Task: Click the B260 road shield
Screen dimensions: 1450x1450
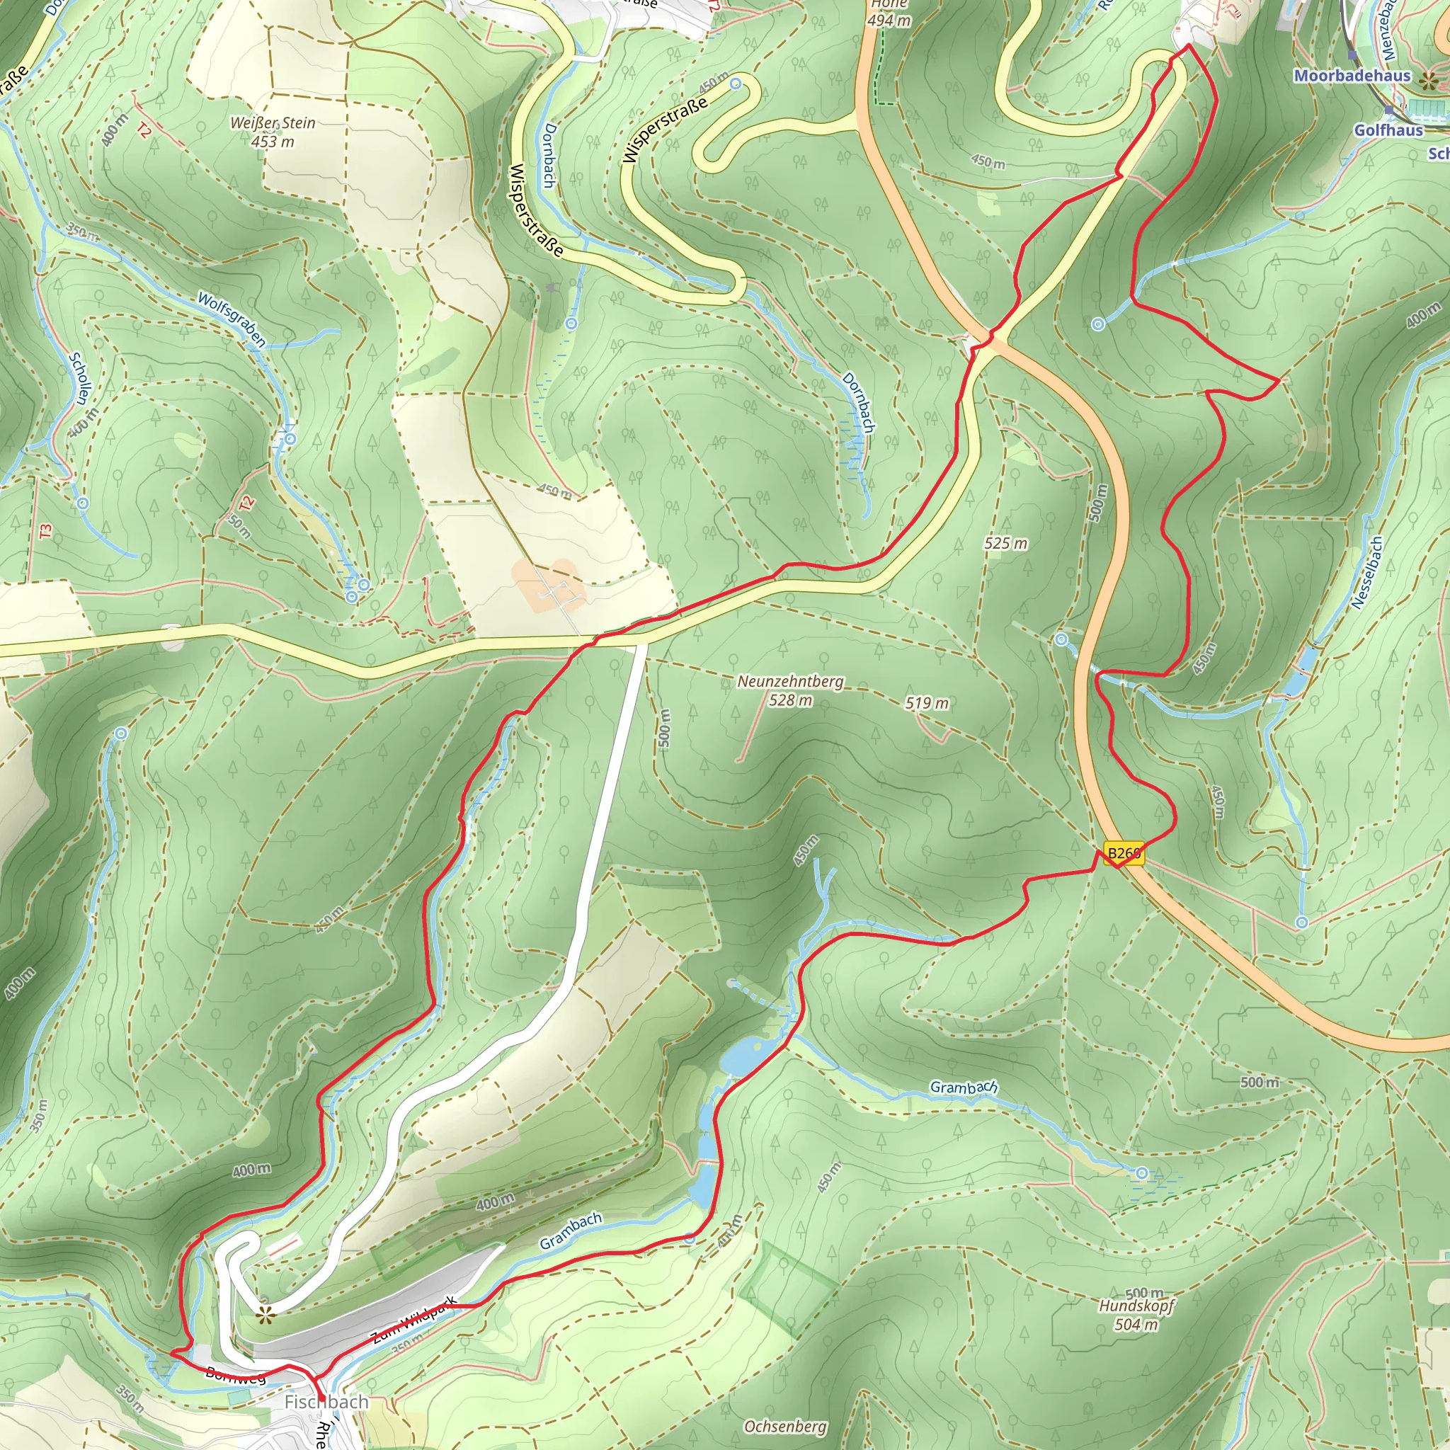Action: [1124, 852]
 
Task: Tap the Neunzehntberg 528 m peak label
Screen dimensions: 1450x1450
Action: [790, 690]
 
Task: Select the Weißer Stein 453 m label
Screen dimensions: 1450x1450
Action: [273, 132]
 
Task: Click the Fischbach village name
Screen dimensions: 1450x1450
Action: [326, 1402]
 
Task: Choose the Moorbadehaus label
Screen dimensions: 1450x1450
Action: [1352, 76]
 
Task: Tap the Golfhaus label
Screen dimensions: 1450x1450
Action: [1388, 130]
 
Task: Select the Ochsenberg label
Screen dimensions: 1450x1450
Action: [785, 1426]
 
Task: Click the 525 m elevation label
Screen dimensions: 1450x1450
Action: [1005, 542]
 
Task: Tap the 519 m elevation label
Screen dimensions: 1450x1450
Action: [927, 702]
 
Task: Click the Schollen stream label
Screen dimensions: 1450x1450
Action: [79, 378]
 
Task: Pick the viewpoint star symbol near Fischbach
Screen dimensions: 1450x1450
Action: [264, 1313]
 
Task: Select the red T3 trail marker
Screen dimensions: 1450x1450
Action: [47, 530]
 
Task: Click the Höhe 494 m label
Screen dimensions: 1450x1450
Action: [889, 13]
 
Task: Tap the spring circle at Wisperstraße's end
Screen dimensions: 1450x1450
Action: [736, 84]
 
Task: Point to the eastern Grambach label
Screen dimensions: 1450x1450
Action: [964, 1087]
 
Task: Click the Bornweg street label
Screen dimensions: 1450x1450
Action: [235, 1376]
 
